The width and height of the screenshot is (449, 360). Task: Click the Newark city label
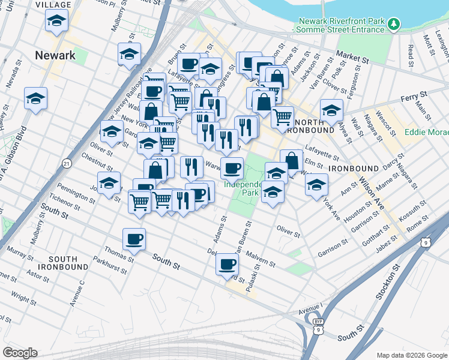55,55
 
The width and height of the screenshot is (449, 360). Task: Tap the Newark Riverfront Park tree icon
394,24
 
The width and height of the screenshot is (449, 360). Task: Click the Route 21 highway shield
67,163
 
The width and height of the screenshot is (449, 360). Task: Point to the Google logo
20,353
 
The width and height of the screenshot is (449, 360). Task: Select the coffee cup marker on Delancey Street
227,264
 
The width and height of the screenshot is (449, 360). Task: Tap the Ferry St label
414,95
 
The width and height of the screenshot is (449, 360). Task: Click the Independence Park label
243,188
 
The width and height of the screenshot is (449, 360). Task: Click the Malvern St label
261,257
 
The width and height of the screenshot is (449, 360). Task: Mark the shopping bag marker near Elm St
291,160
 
